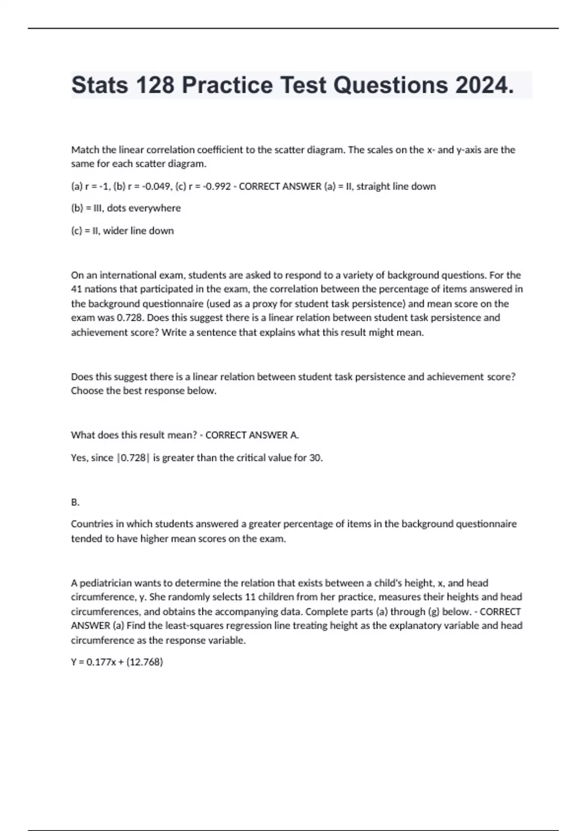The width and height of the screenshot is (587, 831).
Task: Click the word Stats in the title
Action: [x=99, y=85]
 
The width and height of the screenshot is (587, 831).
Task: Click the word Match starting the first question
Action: [x=85, y=150]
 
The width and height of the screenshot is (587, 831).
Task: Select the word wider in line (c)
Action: [x=115, y=231]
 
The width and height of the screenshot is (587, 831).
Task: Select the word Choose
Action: [x=86, y=391]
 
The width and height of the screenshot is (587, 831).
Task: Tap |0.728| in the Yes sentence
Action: [x=133, y=458]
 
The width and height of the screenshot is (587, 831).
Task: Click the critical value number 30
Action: [x=315, y=458]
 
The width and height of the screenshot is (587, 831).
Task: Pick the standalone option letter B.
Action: [x=75, y=502]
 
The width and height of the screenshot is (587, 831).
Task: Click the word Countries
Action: [x=91, y=524]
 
